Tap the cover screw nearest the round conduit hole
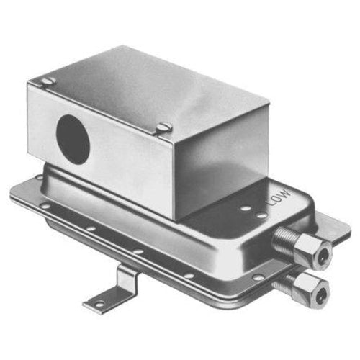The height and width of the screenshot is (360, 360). coord(48,81)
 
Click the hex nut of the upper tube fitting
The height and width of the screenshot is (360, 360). coord(315,249)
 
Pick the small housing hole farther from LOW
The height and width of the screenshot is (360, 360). coord(243,210)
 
